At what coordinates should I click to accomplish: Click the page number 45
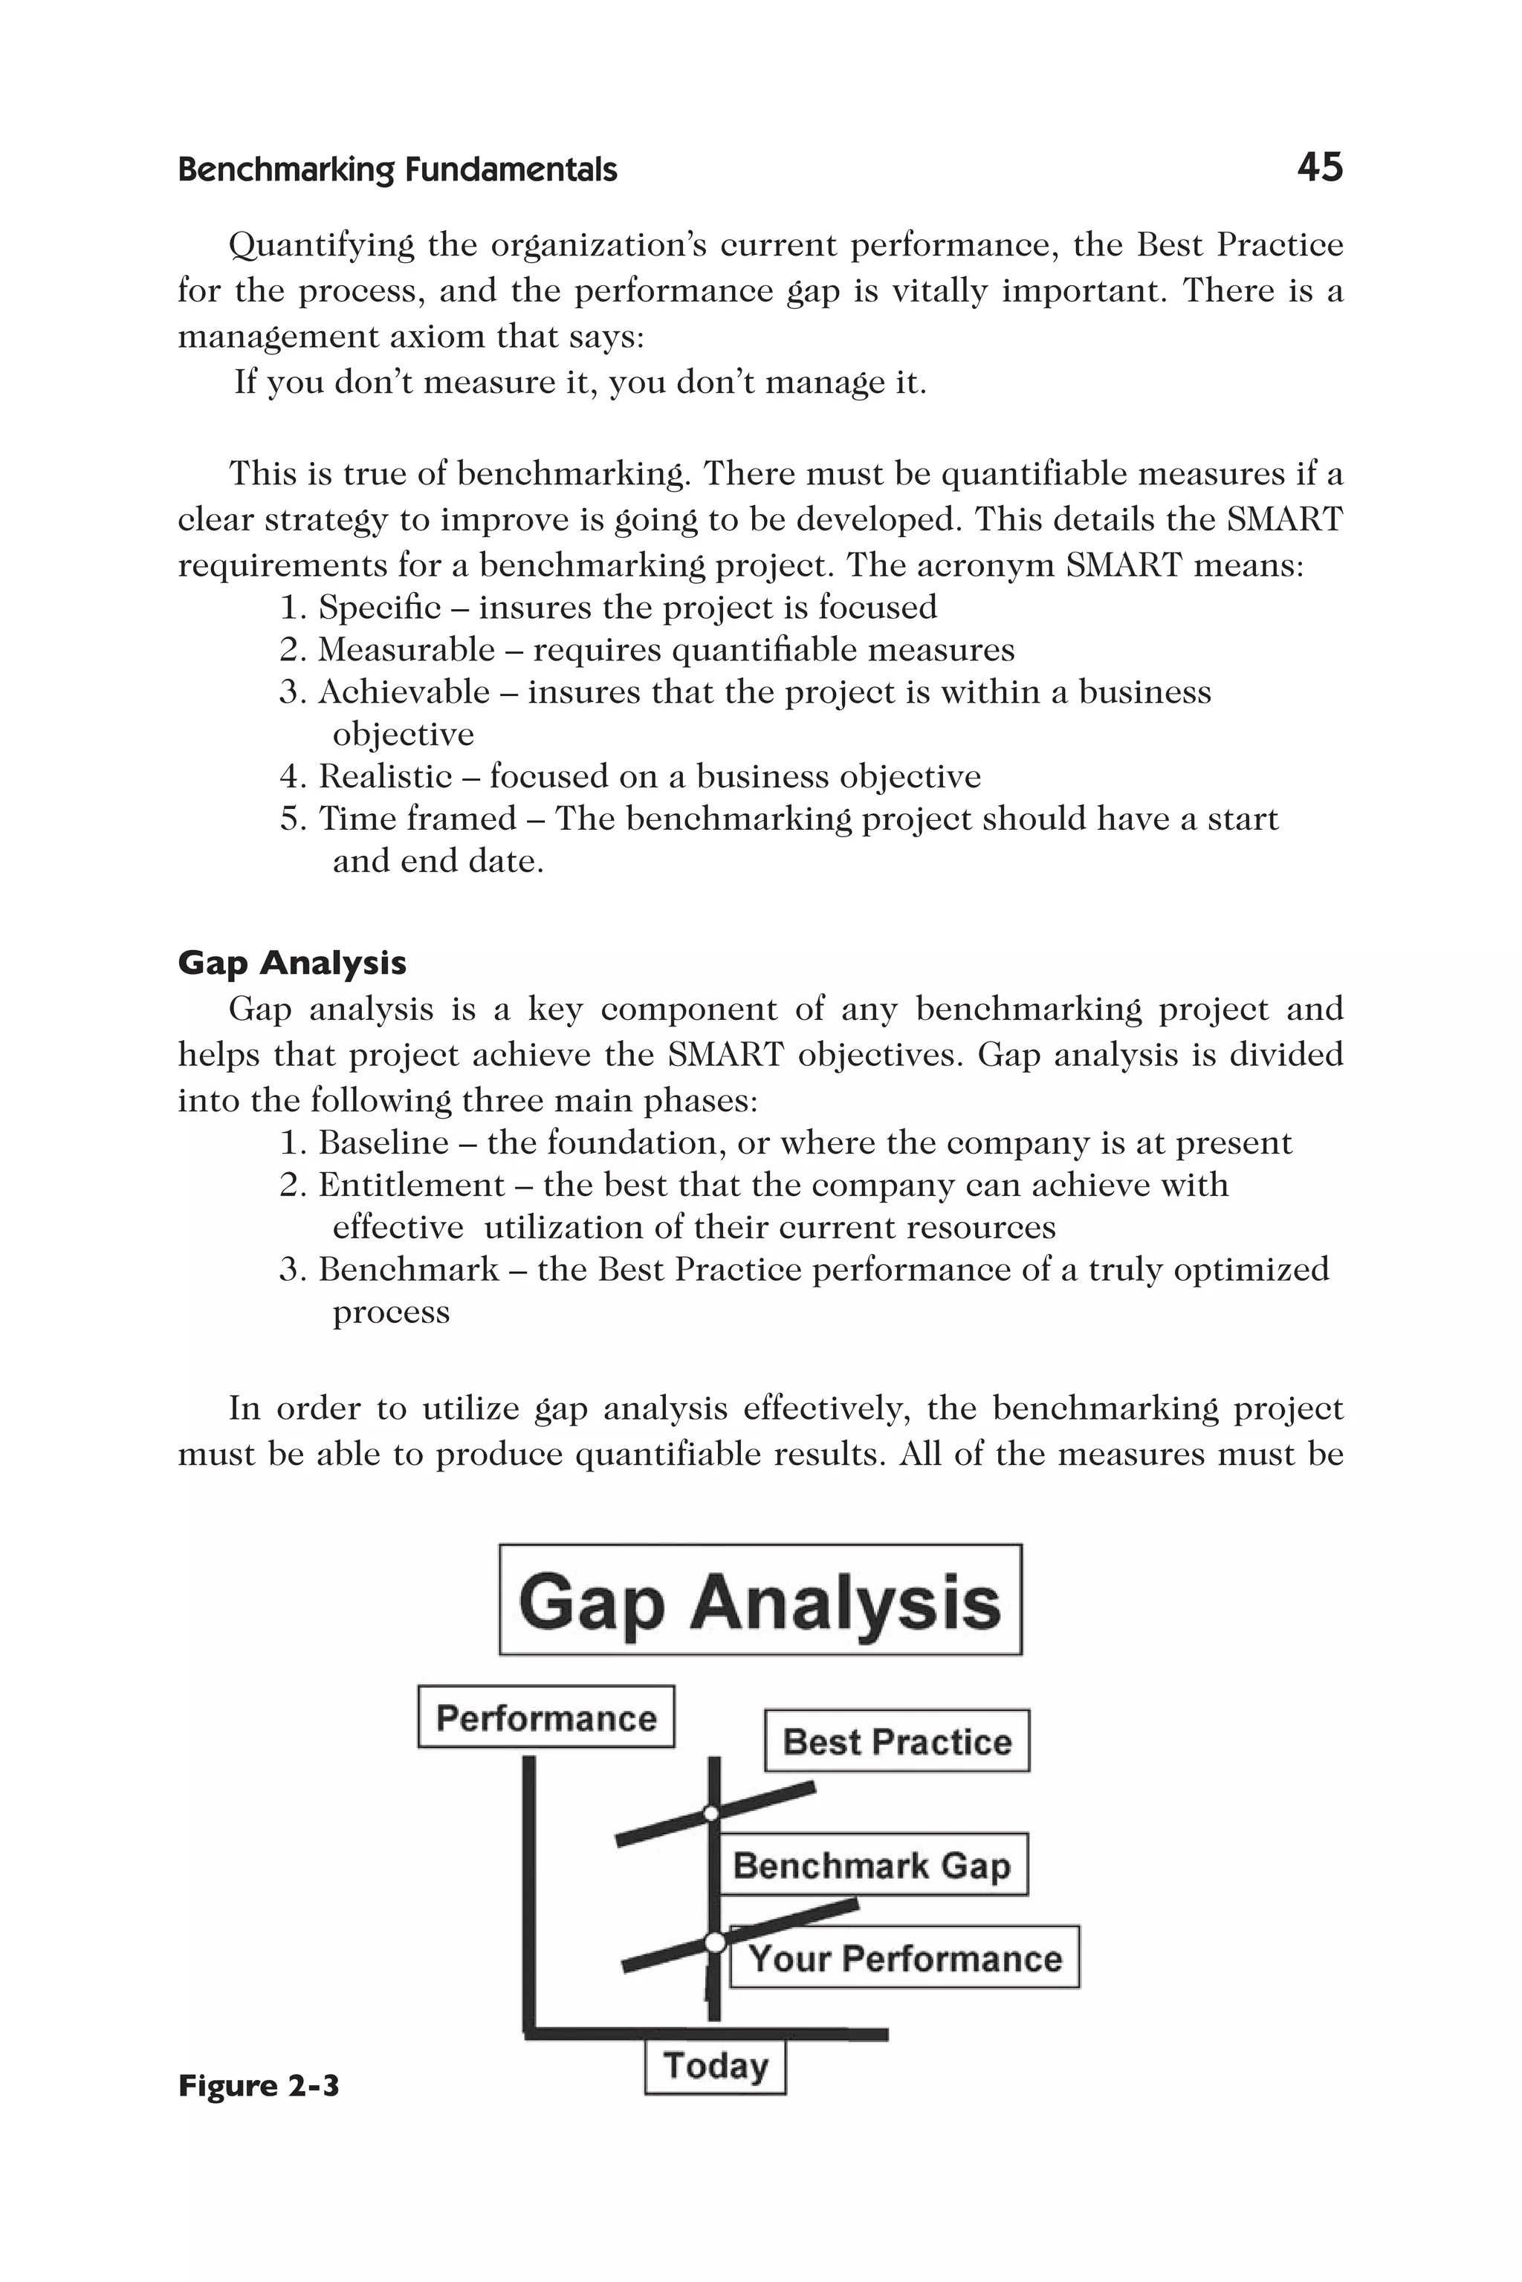point(1319,168)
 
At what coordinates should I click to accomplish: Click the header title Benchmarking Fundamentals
point(398,171)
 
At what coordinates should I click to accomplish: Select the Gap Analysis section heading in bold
point(292,963)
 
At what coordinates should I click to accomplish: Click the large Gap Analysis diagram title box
point(760,1602)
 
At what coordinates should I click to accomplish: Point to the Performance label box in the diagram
point(545,1718)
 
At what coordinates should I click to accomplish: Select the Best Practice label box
point(897,1741)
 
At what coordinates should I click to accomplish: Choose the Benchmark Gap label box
point(872,1865)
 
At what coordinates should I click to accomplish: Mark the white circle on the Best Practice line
point(711,1814)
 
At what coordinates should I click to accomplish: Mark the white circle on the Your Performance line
point(714,1943)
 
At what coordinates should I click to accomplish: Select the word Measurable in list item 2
point(407,650)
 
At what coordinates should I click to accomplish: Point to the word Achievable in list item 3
point(404,693)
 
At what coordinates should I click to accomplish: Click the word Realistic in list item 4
point(386,777)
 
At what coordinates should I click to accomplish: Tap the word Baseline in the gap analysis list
point(383,1143)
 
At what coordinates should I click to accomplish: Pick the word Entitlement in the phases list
point(412,1186)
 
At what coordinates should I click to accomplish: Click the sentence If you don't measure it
point(580,383)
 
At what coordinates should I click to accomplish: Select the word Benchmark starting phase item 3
point(409,1270)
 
